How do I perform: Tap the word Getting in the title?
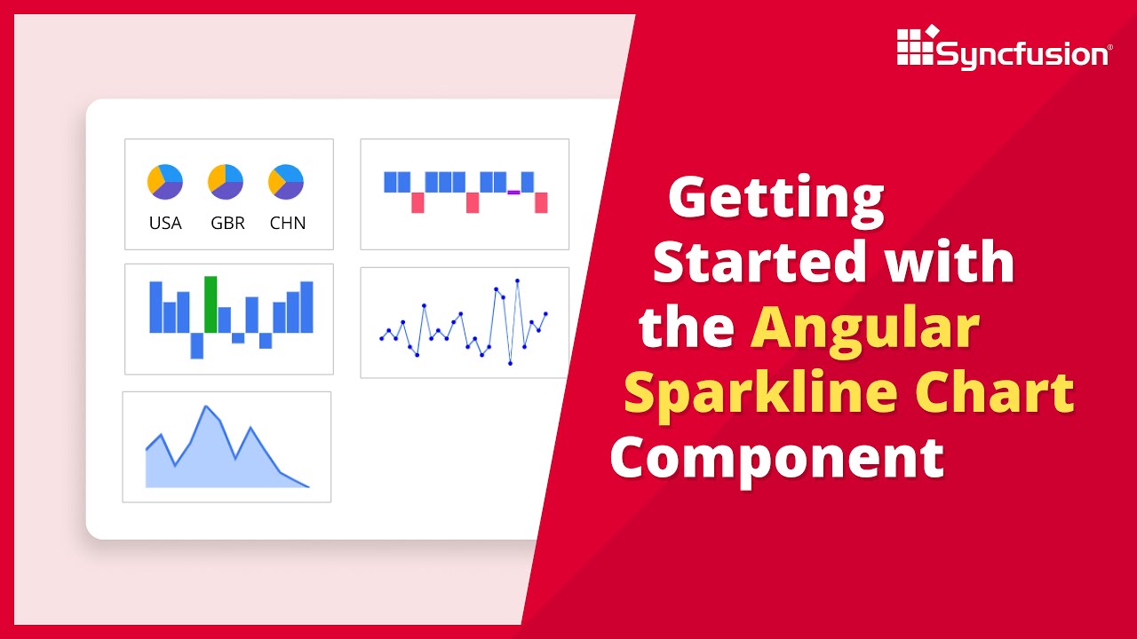pyautogui.click(x=776, y=200)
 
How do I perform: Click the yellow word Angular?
pyautogui.click(x=865, y=328)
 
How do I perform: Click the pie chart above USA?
pyautogui.click(x=165, y=182)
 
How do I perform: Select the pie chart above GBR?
pyautogui.click(x=226, y=182)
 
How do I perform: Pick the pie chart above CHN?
pyautogui.click(x=286, y=182)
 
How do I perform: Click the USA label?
pyautogui.click(x=165, y=223)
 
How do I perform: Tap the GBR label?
pyautogui.click(x=227, y=223)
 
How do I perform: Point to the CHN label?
pyautogui.click(x=288, y=223)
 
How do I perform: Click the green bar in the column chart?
pyautogui.click(x=211, y=304)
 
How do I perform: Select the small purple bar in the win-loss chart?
pyautogui.click(x=513, y=192)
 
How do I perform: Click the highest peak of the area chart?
pyautogui.click(x=206, y=407)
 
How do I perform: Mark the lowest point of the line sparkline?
pyautogui.click(x=510, y=363)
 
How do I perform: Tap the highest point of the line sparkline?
pyautogui.click(x=517, y=280)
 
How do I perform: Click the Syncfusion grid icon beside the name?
pyautogui.click(x=916, y=46)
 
